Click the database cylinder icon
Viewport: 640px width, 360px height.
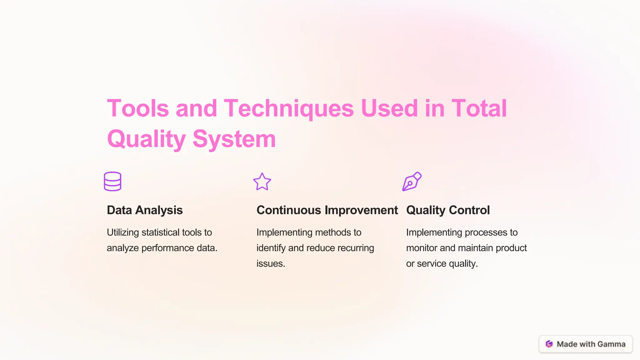click(112, 181)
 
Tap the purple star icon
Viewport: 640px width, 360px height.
click(262, 182)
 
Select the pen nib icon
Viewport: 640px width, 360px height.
click(412, 181)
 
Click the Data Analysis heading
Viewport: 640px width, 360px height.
click(145, 210)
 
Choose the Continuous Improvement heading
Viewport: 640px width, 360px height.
click(327, 210)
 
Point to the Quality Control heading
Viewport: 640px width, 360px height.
click(448, 210)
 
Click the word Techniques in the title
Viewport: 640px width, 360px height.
click(289, 108)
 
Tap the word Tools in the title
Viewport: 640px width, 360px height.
click(138, 108)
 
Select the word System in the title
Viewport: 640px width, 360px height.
click(234, 139)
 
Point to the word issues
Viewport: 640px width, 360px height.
click(271, 264)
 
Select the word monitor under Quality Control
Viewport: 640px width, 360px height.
click(422, 248)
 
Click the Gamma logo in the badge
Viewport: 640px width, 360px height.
click(549, 344)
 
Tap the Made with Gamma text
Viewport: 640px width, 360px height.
click(591, 344)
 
